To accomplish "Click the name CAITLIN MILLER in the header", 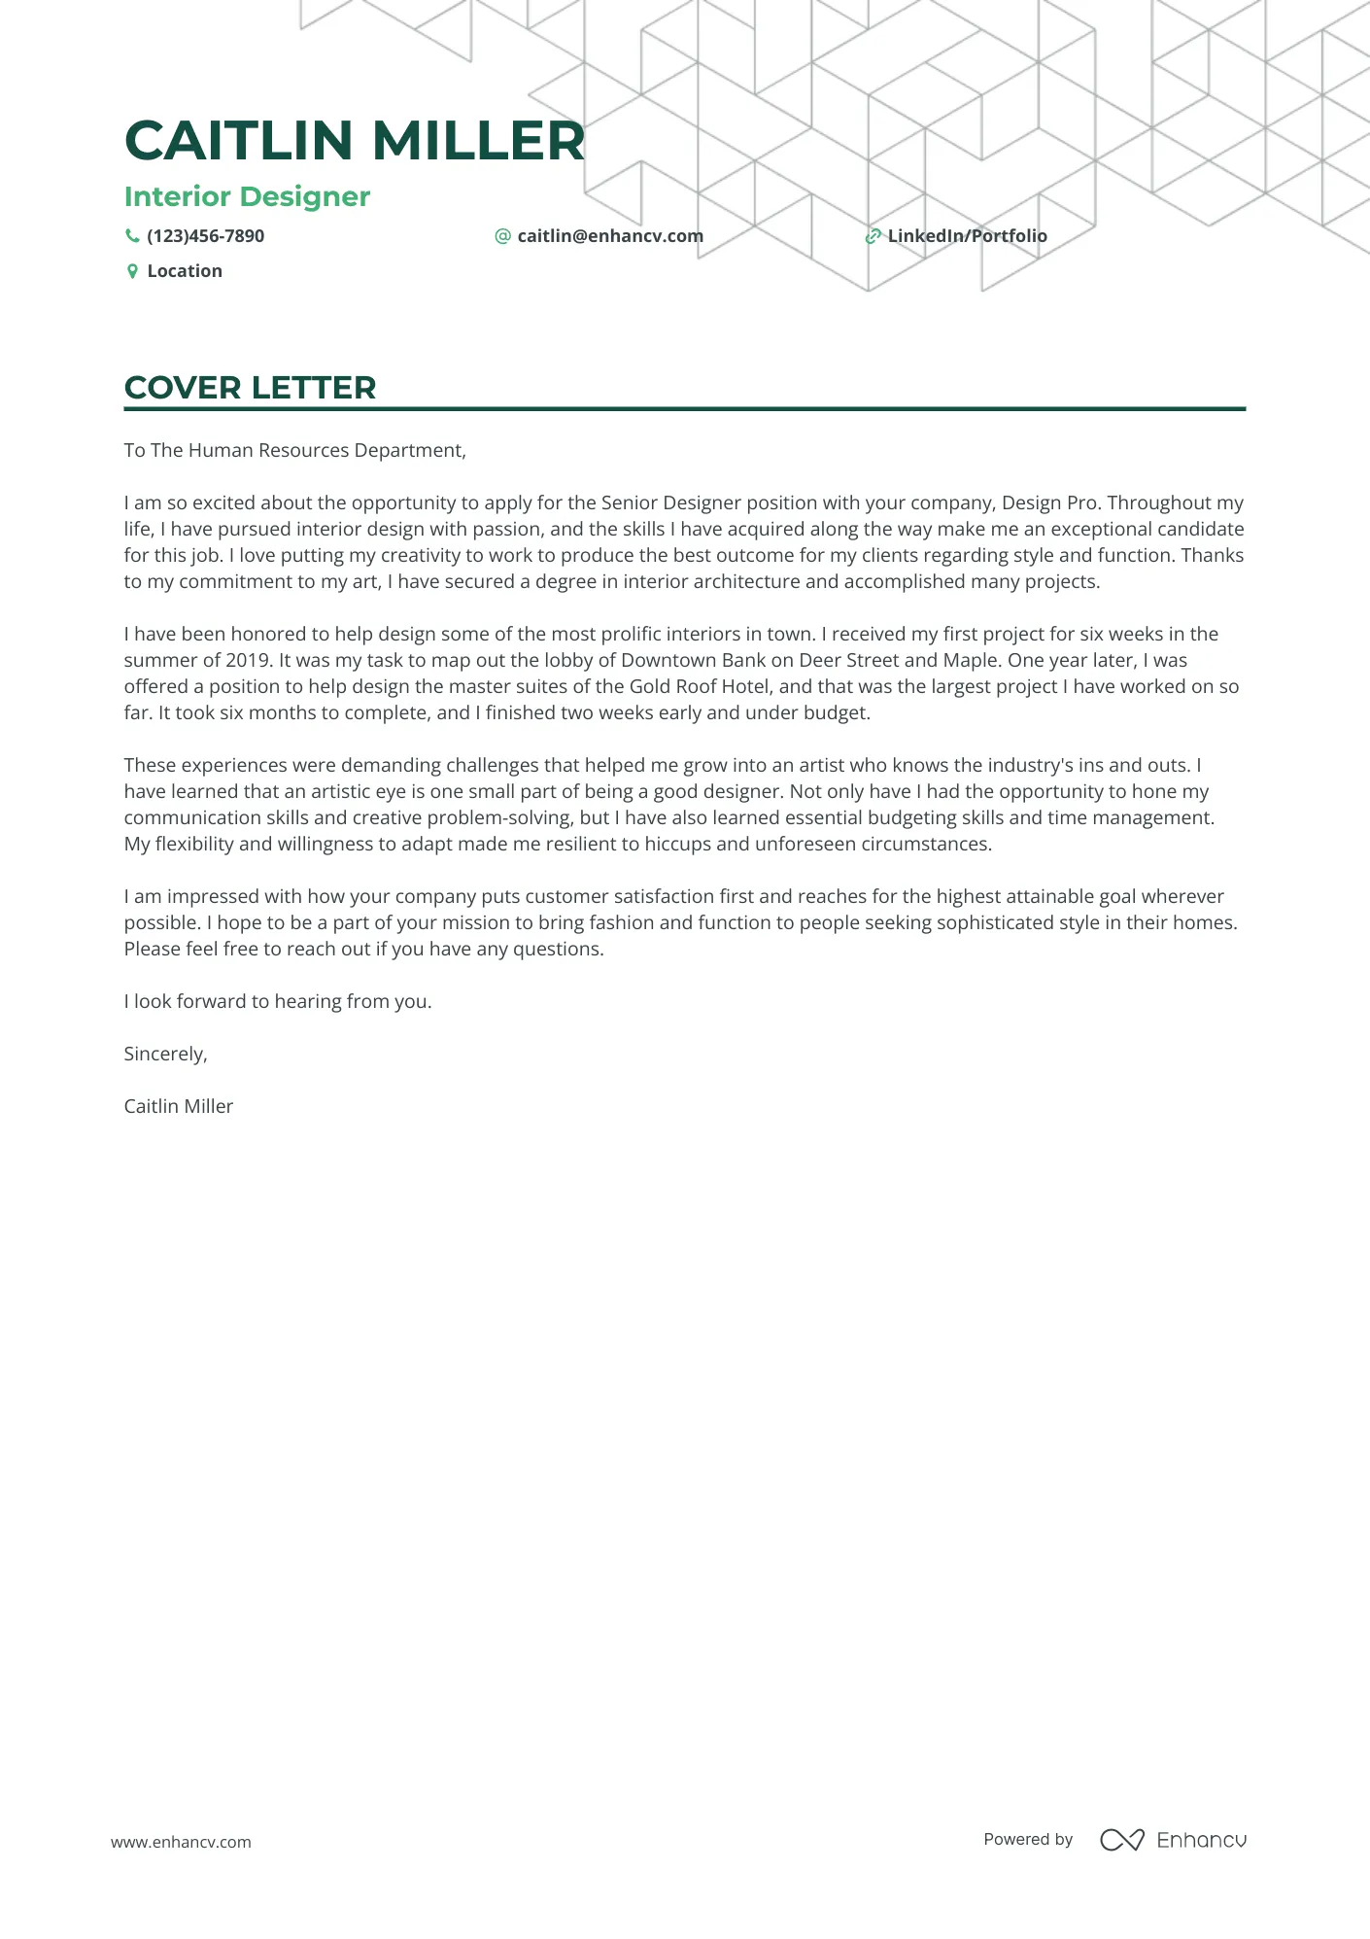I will (355, 140).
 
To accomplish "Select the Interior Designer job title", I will (247, 196).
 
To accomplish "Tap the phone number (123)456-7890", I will (205, 236).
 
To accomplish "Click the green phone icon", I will (132, 236).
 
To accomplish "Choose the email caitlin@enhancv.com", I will (609, 236).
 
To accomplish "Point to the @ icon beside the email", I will (502, 236).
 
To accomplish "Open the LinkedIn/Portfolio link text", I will (967, 236).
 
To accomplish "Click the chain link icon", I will (873, 236).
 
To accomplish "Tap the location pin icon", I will (132, 271).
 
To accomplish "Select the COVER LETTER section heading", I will (250, 388).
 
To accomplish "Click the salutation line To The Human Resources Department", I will (294, 450).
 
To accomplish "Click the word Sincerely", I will (165, 1054).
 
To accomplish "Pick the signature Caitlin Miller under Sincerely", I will (178, 1106).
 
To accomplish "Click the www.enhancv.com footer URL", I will (181, 1842).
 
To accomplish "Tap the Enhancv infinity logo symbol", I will (1121, 1840).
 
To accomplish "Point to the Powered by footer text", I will (1027, 1839).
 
